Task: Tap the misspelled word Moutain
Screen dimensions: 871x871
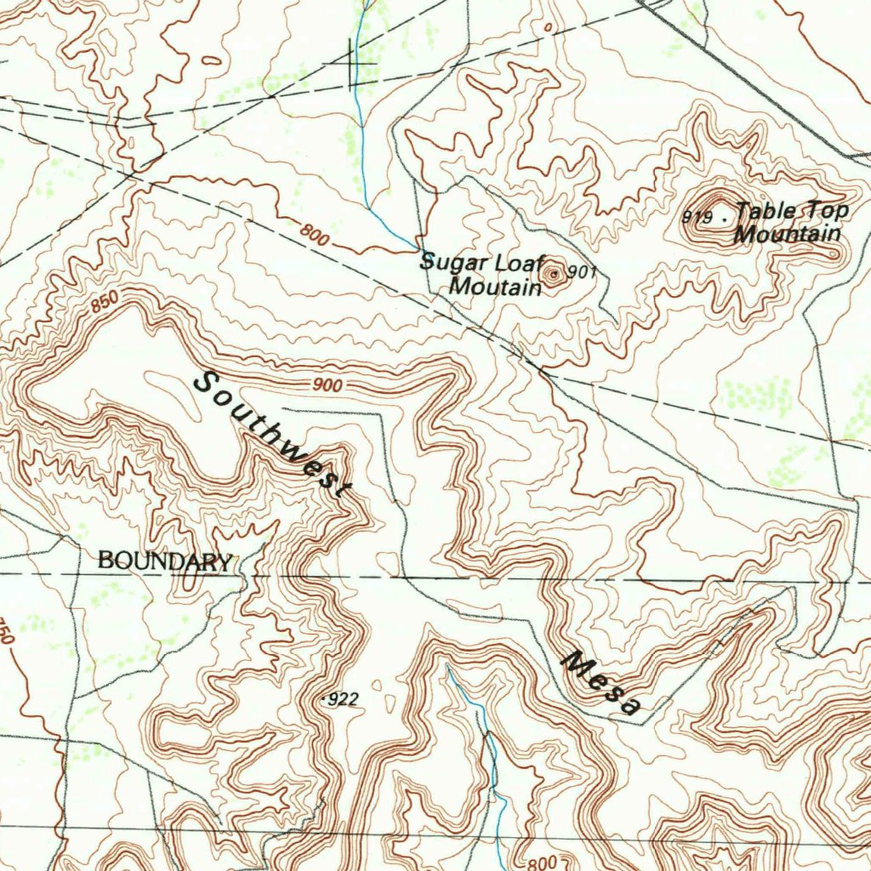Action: click(x=495, y=287)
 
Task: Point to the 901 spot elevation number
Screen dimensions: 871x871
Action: click(x=583, y=272)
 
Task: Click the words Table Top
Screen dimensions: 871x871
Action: click(x=793, y=211)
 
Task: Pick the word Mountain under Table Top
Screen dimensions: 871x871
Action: click(x=788, y=234)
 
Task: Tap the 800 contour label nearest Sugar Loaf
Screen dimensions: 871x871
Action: click(x=314, y=233)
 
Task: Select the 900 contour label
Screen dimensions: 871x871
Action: click(x=327, y=385)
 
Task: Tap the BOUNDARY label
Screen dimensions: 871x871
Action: click(x=164, y=561)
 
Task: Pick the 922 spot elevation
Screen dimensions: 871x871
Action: click(x=343, y=699)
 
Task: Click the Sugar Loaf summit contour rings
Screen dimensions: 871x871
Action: click(x=554, y=274)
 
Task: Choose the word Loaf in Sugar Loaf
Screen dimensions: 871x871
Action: click(x=512, y=262)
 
